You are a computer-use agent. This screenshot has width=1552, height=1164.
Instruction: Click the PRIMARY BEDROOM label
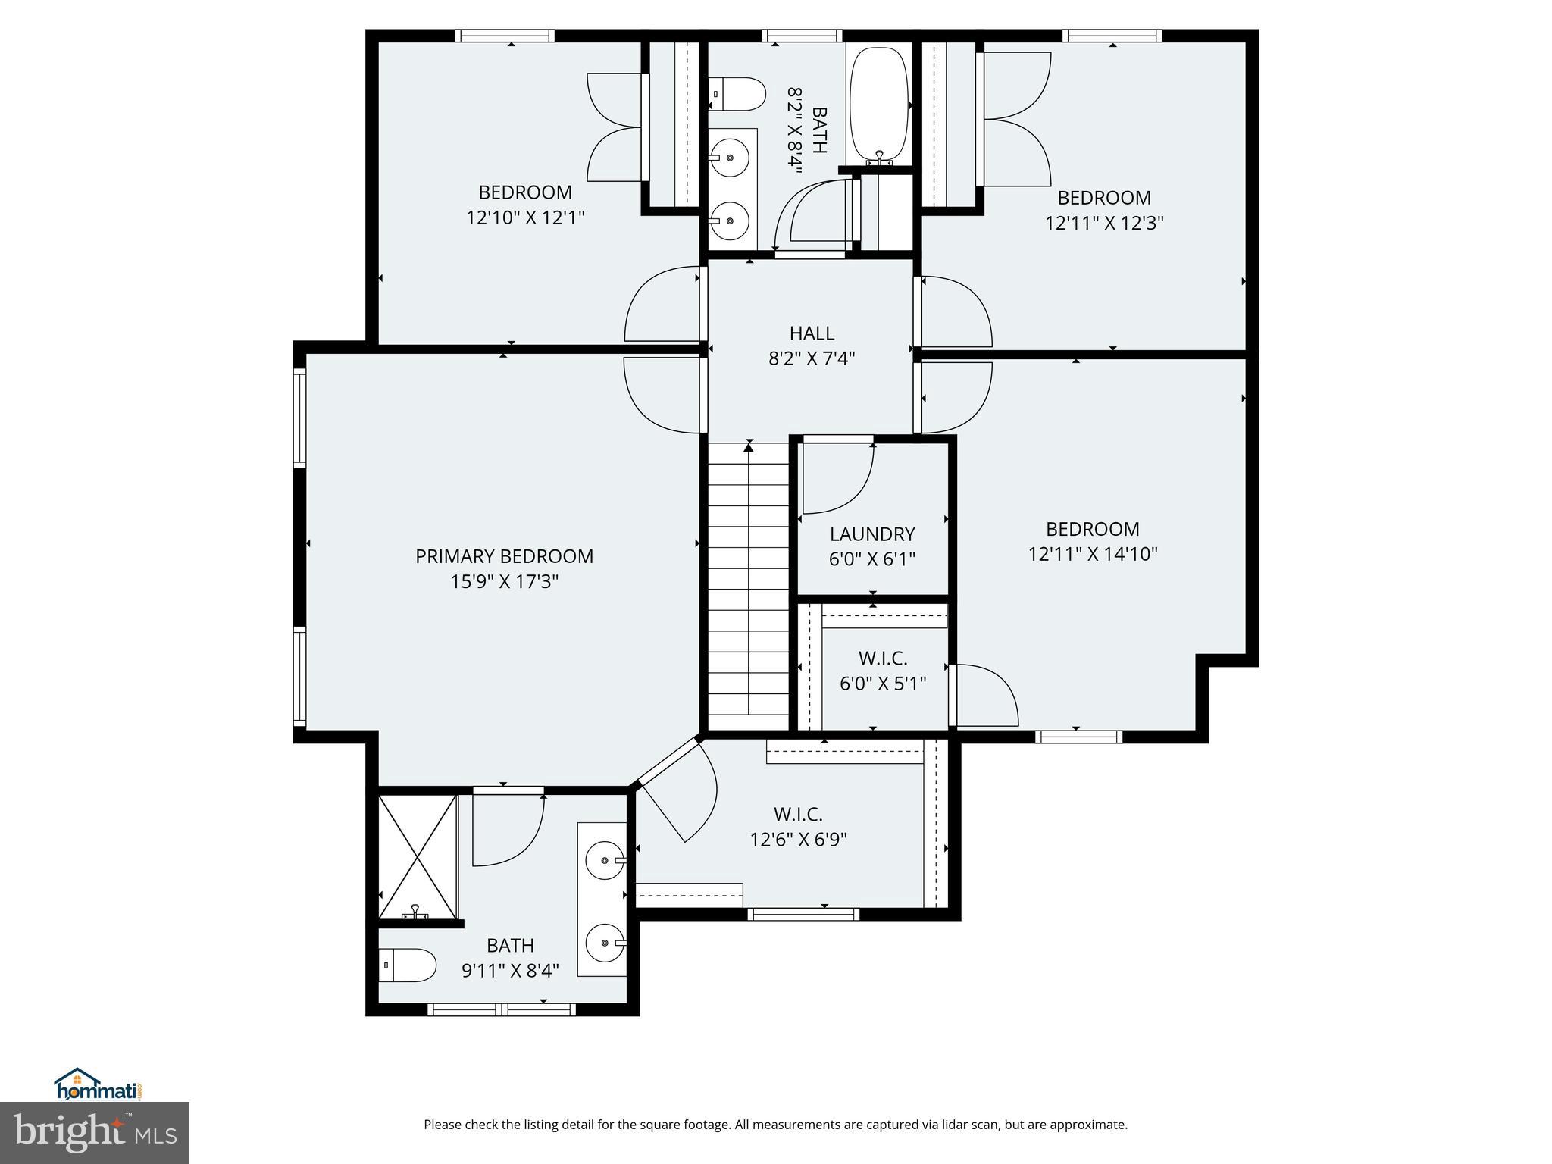[504, 556]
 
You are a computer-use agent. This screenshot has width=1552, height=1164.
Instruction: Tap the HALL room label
[812, 333]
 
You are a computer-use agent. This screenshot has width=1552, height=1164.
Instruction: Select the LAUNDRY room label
[872, 534]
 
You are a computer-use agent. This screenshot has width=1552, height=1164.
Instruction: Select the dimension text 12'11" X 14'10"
[1093, 554]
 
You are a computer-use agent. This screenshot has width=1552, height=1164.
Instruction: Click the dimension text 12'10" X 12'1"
[525, 218]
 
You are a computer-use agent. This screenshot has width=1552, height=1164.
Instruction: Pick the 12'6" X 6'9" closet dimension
[798, 840]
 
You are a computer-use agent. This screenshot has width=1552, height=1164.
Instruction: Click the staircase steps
[749, 584]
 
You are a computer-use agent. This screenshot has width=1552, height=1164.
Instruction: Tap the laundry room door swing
[837, 477]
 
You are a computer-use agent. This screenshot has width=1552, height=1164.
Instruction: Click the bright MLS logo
[95, 1132]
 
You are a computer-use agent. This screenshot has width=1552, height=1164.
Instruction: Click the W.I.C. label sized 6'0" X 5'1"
[883, 659]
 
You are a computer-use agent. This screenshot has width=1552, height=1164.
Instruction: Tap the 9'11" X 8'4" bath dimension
[510, 970]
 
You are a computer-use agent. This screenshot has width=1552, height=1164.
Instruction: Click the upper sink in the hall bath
[730, 158]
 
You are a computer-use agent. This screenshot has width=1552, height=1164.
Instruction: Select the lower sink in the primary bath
[605, 943]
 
